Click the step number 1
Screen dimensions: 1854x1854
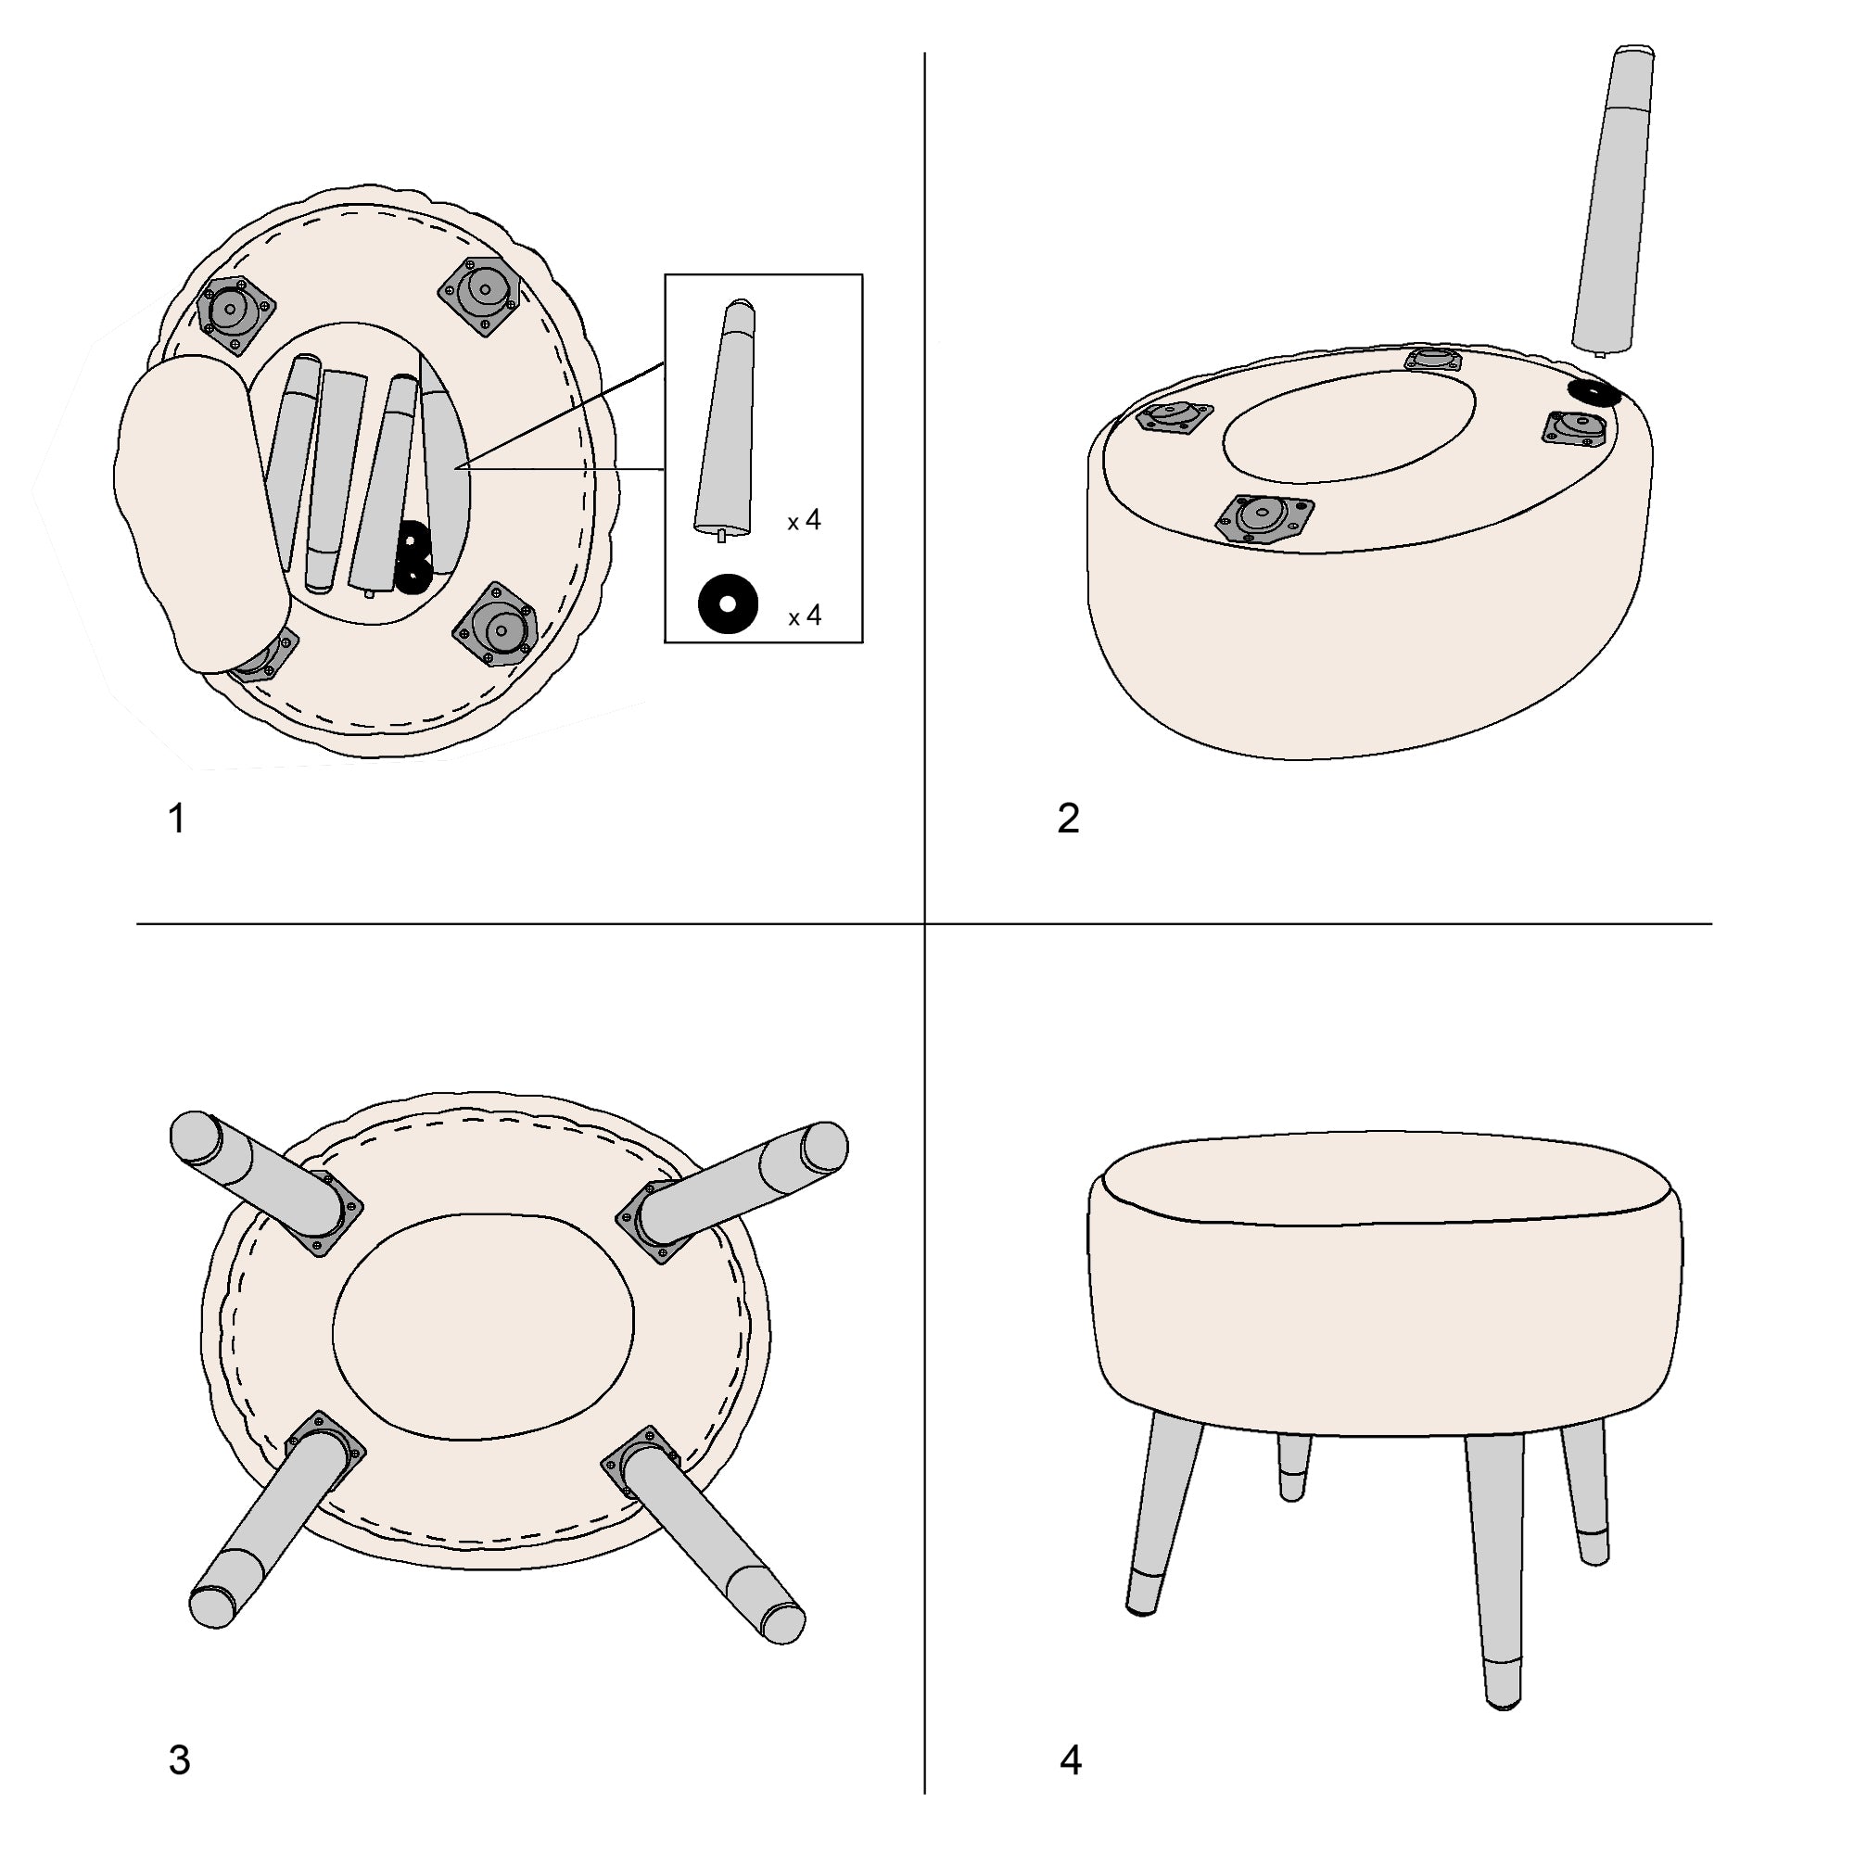pyautogui.click(x=176, y=819)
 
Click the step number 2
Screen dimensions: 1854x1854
pyautogui.click(x=1068, y=819)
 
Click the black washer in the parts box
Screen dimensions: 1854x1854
pyautogui.click(x=728, y=604)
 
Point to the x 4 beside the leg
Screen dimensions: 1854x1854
pyautogui.click(x=804, y=521)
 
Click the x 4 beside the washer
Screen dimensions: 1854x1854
pyautogui.click(x=804, y=616)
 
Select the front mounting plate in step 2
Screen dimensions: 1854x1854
pyautogui.click(x=1264, y=519)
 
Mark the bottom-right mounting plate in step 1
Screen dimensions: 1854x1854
pyautogui.click(x=494, y=625)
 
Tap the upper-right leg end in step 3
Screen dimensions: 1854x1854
pyautogui.click(x=822, y=1147)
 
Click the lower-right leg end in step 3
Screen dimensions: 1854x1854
pyautogui.click(x=782, y=1624)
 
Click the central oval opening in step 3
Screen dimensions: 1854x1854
pyautogui.click(x=484, y=1327)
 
